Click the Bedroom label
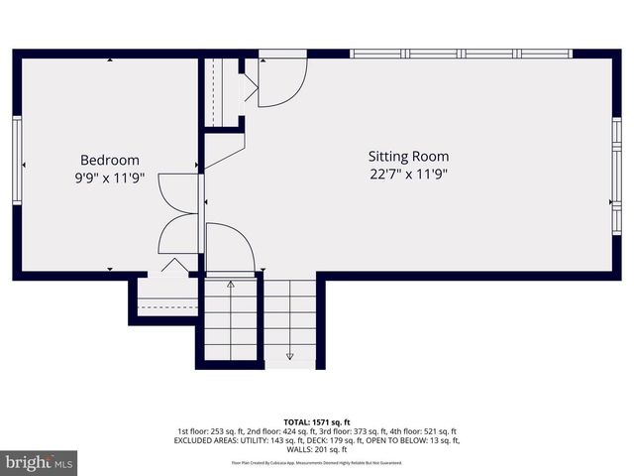point(109,160)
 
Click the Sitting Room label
point(408,156)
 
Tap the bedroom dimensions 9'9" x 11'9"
point(109,178)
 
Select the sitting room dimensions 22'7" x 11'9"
point(408,175)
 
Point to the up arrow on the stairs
point(231,286)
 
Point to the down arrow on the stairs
point(290,354)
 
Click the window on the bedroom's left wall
point(17,160)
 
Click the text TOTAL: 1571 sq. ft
point(317,420)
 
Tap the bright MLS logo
point(40,462)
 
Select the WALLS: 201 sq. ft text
point(317,449)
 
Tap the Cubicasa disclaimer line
point(317,462)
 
